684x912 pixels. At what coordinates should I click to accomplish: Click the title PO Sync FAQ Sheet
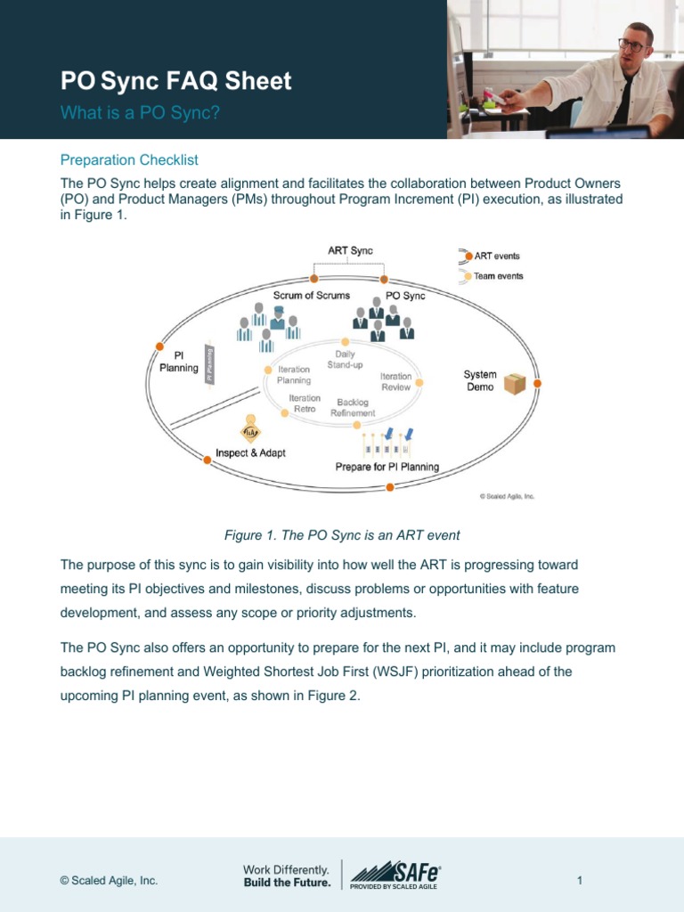tap(175, 82)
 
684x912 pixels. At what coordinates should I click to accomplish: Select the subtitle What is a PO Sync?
tap(140, 113)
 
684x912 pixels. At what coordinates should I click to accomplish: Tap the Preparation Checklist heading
tap(129, 160)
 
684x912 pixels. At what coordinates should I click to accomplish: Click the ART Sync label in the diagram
tap(350, 251)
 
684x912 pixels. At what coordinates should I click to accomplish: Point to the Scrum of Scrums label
tap(312, 295)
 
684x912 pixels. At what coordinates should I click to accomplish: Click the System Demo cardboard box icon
tap(515, 384)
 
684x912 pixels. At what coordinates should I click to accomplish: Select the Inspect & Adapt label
tap(250, 452)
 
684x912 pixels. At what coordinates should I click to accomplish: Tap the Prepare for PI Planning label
tap(387, 467)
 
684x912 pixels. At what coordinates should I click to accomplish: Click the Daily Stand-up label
tap(345, 360)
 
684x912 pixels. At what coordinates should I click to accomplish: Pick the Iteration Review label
tap(395, 381)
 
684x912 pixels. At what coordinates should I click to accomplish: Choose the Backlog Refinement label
tap(353, 408)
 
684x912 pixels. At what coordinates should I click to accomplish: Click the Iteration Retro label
tap(305, 403)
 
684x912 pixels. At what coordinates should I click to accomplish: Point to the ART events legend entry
tap(496, 256)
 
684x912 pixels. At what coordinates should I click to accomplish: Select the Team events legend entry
tap(498, 276)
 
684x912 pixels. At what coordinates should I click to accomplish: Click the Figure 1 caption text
tap(342, 535)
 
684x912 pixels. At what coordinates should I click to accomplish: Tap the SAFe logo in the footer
tap(396, 875)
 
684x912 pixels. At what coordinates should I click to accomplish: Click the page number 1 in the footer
tap(579, 881)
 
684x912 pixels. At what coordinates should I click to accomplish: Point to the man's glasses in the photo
tap(631, 44)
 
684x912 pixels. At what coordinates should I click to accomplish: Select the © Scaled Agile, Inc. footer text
tap(109, 881)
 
